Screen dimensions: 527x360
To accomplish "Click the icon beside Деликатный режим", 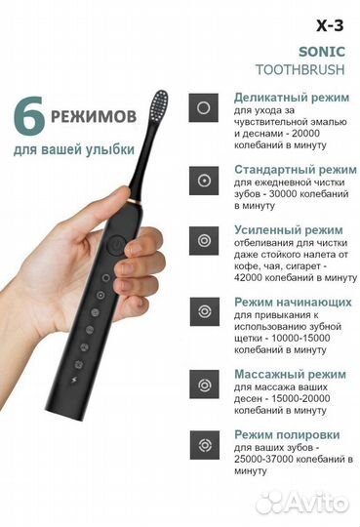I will pos(203,106).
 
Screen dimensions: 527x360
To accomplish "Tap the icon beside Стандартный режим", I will pos(203,181).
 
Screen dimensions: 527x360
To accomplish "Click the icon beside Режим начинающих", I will pos(203,311).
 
